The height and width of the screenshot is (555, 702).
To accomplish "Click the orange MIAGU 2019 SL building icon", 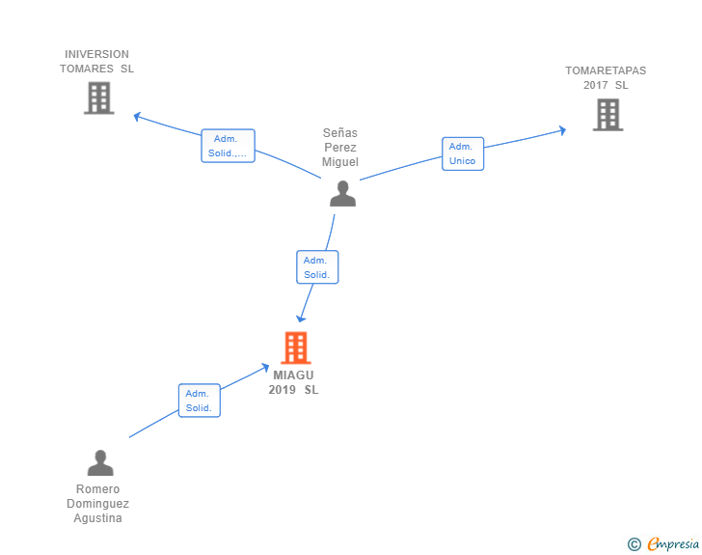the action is pos(296,347).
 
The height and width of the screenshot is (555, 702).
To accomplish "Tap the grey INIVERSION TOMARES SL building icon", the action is pos(99,97).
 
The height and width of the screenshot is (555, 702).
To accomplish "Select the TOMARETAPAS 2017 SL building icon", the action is pos(607,115).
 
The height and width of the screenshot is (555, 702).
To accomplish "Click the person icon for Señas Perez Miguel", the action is pos(343,193).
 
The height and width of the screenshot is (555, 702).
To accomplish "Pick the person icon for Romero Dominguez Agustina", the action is pos(100,462).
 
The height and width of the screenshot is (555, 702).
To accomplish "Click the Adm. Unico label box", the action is pos(463,153).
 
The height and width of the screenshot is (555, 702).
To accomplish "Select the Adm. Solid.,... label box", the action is pos(228,146).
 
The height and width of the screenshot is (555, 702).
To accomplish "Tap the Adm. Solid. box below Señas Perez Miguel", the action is pos(317,267).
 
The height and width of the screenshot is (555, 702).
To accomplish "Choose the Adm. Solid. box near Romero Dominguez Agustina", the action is pos(200,401).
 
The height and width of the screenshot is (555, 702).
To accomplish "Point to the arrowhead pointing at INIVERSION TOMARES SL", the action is pos(137,117).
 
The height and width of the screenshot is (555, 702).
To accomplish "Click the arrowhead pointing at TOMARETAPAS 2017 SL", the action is pos(563,130).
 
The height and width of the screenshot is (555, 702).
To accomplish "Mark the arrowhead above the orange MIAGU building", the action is pos(301,319).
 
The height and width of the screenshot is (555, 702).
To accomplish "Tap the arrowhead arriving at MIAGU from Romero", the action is pos(265,367).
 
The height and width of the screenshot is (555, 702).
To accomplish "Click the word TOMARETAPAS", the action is pos(606,70).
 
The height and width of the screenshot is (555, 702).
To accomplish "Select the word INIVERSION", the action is pos(96,54).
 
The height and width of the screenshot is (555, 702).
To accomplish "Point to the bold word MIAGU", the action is pos(294,375).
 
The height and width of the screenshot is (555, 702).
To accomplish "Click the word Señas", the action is pos(340,132).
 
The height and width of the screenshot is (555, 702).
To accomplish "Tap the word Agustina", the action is pos(97,518).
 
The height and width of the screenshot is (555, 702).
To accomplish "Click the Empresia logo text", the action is pos(673,544).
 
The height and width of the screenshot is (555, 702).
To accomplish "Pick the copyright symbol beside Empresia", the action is pos(634,544).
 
